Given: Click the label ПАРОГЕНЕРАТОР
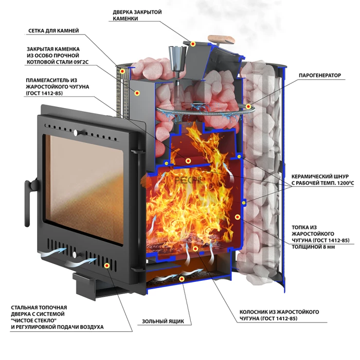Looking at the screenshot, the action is (320, 75).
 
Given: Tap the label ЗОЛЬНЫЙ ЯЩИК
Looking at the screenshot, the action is (163, 321).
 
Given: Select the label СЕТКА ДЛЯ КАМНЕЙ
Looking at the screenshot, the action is (53, 30).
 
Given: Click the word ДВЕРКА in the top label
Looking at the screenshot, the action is (123, 12).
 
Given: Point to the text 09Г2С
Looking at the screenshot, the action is (81, 62).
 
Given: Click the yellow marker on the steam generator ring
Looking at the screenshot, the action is (248, 106).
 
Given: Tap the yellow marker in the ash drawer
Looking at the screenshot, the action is (182, 279).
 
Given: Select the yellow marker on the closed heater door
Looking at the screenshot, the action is (193, 44).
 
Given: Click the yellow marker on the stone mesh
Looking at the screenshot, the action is (122, 71).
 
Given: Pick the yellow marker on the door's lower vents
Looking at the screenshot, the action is (106, 266).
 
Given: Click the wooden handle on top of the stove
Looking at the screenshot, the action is (222, 40).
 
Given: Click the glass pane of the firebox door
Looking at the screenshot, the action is (84, 190).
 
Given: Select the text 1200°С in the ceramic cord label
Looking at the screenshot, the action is (344, 183).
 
